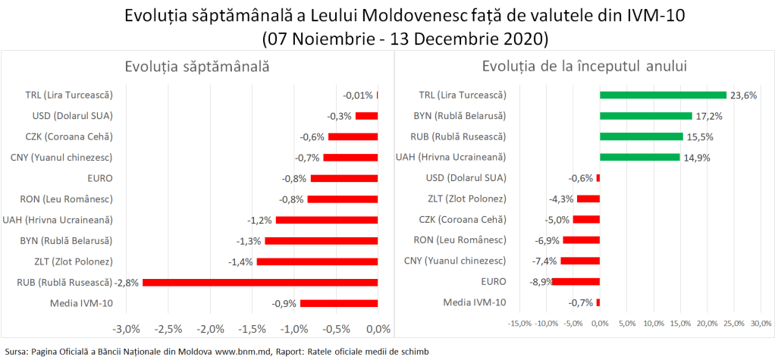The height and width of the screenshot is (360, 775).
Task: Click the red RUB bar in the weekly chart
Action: pos(260,282)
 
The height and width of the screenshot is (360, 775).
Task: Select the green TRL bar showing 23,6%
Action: pos(663,95)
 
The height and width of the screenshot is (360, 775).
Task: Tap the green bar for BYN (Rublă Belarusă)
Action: pos(645,116)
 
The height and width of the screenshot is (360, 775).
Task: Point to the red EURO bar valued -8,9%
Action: pos(576,282)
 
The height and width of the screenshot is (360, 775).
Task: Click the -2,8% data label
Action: pos(127,282)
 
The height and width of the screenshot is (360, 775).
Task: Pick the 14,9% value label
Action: pos(698,158)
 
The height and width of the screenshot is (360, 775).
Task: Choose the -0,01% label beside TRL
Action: pos(358,95)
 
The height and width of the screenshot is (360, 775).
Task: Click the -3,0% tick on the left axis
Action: pos(126,329)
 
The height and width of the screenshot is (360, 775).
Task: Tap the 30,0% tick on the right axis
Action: pos(761,324)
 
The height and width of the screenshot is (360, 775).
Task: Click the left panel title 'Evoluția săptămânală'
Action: pos(197,67)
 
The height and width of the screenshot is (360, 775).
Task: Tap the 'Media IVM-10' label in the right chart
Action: pos(475,302)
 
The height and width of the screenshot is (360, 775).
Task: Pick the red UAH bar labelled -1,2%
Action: pos(326,220)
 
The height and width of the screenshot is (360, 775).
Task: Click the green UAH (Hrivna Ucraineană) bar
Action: pos(639,158)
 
